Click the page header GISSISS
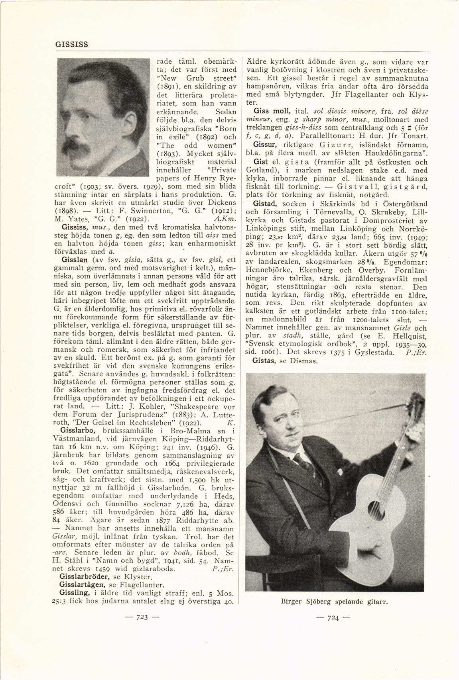pos(72,44)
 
